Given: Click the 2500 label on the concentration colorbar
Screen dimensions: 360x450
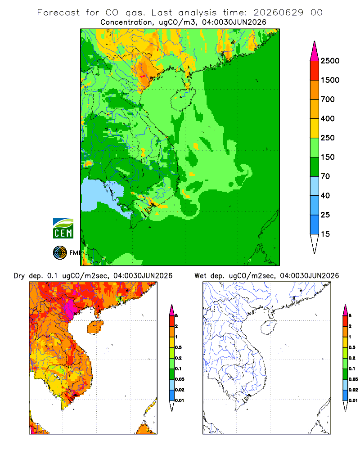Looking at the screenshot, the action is click(330, 61).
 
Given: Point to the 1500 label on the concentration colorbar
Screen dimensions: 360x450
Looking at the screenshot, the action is click(330, 80).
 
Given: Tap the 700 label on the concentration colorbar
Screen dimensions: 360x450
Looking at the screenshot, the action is click(328, 99).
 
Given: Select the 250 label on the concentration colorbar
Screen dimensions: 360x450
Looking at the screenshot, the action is click(328, 138).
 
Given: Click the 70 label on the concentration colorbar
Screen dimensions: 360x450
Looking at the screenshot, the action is click(325, 176).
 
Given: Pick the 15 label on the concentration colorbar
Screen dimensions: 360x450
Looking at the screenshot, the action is click(325, 234).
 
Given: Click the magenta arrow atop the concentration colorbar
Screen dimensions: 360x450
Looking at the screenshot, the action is click(315, 51).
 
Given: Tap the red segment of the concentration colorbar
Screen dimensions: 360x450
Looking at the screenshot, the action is click(315, 71).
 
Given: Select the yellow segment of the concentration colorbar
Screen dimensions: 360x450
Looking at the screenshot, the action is click(315, 128).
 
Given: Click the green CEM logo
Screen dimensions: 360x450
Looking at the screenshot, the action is click(63, 229).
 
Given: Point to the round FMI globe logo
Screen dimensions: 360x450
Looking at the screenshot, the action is click(60, 253).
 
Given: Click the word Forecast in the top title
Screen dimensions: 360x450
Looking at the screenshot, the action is click(58, 13).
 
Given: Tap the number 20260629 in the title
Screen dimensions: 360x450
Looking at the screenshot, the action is click(279, 13).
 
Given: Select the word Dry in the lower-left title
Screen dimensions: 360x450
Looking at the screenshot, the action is click(19, 276).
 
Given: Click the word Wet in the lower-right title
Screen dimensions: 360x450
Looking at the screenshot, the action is click(200, 276).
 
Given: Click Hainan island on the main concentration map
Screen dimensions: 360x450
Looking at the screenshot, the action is click(183, 99).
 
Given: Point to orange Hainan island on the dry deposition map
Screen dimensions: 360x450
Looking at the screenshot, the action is click(95, 327).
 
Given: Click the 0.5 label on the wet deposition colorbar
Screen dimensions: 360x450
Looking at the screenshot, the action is click(352, 347).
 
